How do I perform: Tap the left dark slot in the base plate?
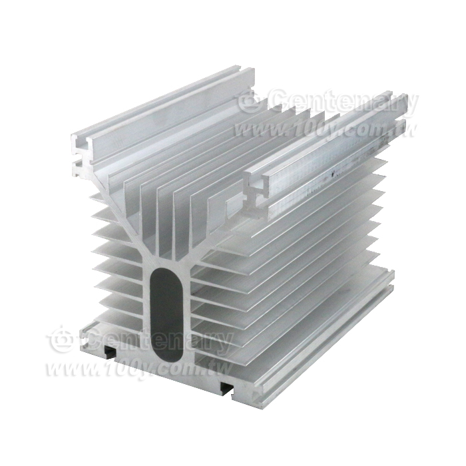point(109,351)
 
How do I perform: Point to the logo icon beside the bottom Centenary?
point(63,340)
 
